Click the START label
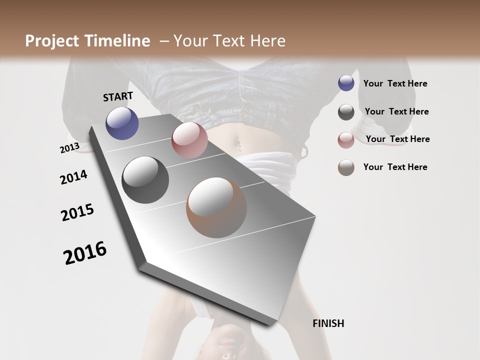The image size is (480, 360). coord(118,96)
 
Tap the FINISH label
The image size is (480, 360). coord(328,323)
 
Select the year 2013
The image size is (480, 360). coord(69,148)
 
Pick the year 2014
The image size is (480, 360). coord(73,177)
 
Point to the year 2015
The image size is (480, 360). coord(77,212)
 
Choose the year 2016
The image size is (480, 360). coord(85,252)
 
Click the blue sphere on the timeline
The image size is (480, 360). coord(122,123)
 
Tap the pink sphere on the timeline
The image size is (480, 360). coord(189,140)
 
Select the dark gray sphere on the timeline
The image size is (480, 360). coord(145,180)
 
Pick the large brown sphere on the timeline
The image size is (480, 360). coord(216,207)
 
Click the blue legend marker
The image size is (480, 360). coord(346,83)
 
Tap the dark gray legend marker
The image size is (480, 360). coord(346,112)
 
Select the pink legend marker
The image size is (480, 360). coord(346,140)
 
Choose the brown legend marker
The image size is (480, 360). coord(346,167)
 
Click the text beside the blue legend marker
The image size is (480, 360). coord(395,83)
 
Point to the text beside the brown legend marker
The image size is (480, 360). coord(395,167)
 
